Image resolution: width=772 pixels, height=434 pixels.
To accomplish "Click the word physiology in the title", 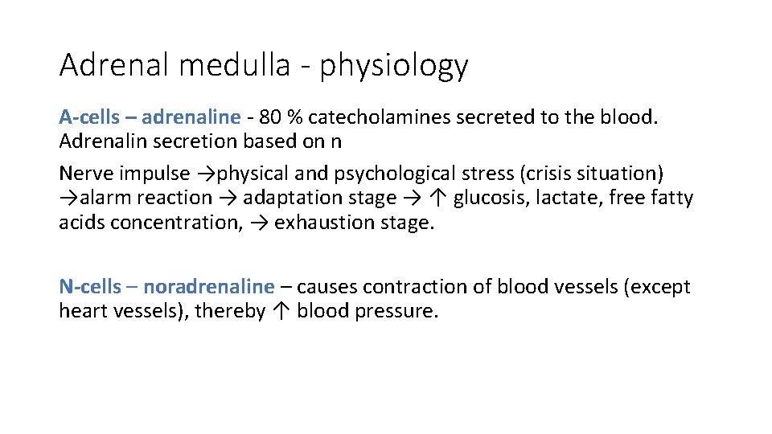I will pos(393,66).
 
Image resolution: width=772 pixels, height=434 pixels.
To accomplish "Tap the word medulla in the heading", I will pos(234,64).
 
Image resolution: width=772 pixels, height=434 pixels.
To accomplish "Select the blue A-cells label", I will pos(88,117).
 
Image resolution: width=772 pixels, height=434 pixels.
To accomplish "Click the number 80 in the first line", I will pos(270,117).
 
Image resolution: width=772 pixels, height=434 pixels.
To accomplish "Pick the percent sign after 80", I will pos(295,117).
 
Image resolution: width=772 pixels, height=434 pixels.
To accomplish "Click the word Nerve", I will pos(84,174).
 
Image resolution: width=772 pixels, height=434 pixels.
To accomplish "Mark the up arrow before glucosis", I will pos(439,198).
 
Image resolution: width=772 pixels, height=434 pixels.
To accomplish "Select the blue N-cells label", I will pos(89,287).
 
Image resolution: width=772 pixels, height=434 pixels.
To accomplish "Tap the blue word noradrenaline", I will pos(208,287).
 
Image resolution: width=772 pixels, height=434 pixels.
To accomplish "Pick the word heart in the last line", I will pos(84,311).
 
